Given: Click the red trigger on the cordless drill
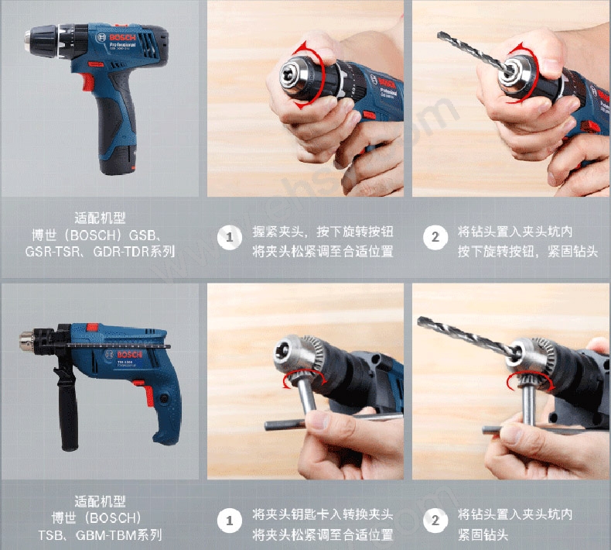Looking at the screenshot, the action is [x=87, y=81].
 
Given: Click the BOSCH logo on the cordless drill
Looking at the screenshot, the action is [x=122, y=37].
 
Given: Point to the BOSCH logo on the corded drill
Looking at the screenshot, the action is [x=129, y=355].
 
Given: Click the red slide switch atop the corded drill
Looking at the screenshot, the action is [x=92, y=327].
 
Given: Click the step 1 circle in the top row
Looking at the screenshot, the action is [x=230, y=237].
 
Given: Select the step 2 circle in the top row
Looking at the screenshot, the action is [x=435, y=237].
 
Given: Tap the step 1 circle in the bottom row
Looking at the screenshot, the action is [x=230, y=521].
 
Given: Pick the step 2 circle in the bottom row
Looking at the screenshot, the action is [x=435, y=521].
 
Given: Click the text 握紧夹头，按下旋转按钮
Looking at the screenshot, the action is [x=323, y=232].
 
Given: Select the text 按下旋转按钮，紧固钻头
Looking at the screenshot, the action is [x=527, y=252].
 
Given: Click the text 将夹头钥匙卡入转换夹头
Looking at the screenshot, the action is [x=323, y=514].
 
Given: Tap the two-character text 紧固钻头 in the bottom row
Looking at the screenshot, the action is [x=483, y=535].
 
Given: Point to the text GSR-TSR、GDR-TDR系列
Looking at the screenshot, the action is [x=100, y=252].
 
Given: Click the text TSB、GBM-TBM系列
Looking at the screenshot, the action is [x=100, y=535].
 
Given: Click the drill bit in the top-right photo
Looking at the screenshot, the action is [x=473, y=53].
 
